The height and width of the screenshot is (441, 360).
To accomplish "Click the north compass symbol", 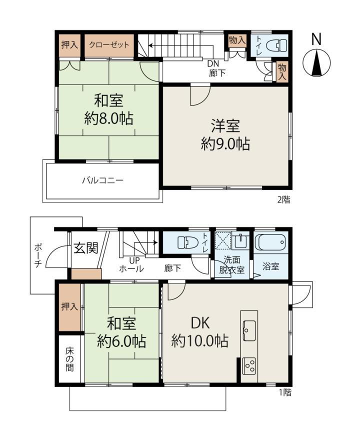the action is pyautogui.click(x=316, y=62).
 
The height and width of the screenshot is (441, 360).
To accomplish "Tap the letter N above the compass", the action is pyautogui.click(x=316, y=39).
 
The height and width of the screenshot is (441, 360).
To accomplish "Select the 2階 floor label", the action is pyautogui.click(x=283, y=199).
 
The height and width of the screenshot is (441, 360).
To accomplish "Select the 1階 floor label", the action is pyautogui.click(x=285, y=392).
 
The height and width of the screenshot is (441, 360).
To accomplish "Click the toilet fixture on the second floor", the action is pyautogui.click(x=277, y=45).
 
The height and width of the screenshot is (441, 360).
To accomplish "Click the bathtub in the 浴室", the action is pyautogui.click(x=270, y=242).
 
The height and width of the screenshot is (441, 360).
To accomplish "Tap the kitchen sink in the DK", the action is pyautogui.click(x=249, y=330).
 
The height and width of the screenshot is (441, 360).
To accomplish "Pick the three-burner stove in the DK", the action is pyautogui.click(x=249, y=366).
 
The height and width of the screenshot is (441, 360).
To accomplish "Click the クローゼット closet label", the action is pyautogui.click(x=109, y=45).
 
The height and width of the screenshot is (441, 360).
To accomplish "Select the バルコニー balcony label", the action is pyautogui.click(x=102, y=180).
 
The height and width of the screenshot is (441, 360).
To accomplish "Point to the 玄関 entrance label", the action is pyautogui.click(x=86, y=248).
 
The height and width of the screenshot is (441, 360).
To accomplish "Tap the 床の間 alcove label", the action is pyautogui.click(x=70, y=359).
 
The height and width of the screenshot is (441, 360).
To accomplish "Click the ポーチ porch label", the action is pyautogui.click(x=38, y=256).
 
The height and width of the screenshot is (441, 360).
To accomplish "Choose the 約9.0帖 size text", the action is pyautogui.click(x=225, y=144).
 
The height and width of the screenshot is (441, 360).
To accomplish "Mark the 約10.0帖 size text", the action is pyautogui.click(x=199, y=341).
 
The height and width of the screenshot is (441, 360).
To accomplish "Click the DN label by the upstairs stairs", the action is pyautogui.click(x=213, y=64).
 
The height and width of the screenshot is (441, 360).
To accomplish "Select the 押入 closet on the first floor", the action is pyautogui.click(x=70, y=307).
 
